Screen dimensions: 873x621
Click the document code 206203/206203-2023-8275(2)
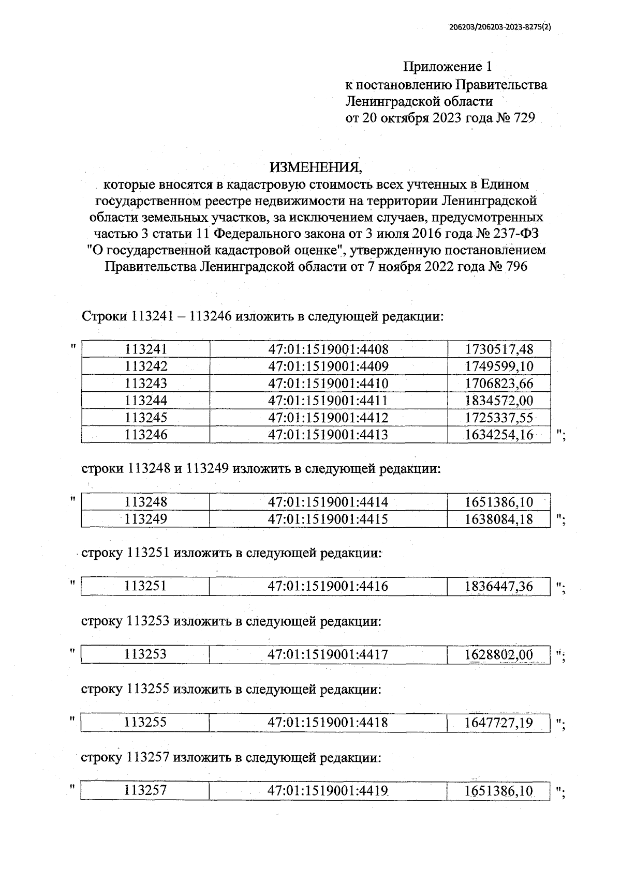point(498,29)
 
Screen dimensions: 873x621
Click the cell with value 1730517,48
point(499,349)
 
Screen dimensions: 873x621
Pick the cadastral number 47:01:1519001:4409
point(328,366)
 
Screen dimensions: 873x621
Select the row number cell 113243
point(146,384)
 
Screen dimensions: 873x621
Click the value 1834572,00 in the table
point(499,401)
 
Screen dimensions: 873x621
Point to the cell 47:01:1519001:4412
point(328,418)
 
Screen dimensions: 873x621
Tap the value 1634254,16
point(499,435)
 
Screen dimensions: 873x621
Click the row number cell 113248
point(146,502)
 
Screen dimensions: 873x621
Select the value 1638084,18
point(499,519)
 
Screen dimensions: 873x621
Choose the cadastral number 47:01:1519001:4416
point(328,586)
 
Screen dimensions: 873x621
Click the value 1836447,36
point(499,586)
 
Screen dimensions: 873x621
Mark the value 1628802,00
point(499,655)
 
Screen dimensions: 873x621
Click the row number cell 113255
point(145,723)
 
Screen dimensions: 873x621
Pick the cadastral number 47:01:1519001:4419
point(328,791)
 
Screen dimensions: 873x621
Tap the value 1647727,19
point(499,723)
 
